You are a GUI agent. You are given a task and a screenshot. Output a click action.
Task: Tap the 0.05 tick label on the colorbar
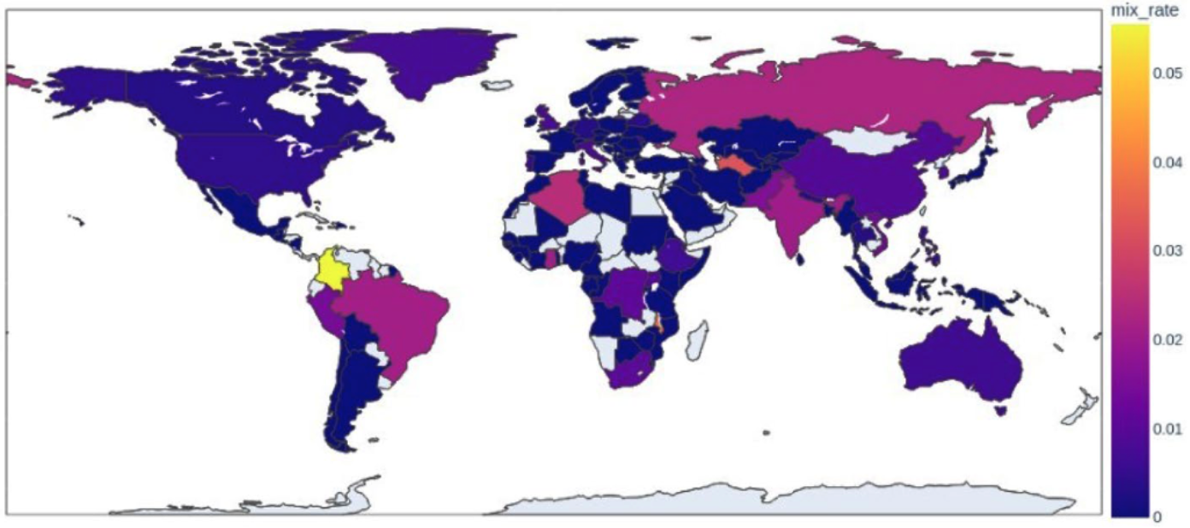pyautogui.click(x=1167, y=73)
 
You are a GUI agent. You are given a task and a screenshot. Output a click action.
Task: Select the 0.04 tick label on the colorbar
pyautogui.click(x=1167, y=161)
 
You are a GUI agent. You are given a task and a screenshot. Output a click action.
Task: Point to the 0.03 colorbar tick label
pyautogui.click(x=1167, y=250)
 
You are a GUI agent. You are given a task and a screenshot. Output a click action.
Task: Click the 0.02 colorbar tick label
pyautogui.click(x=1167, y=339)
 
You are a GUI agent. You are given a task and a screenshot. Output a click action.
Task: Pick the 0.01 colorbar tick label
pyautogui.click(x=1167, y=427)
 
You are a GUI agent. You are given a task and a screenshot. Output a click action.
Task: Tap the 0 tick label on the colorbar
pyautogui.click(x=1157, y=516)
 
